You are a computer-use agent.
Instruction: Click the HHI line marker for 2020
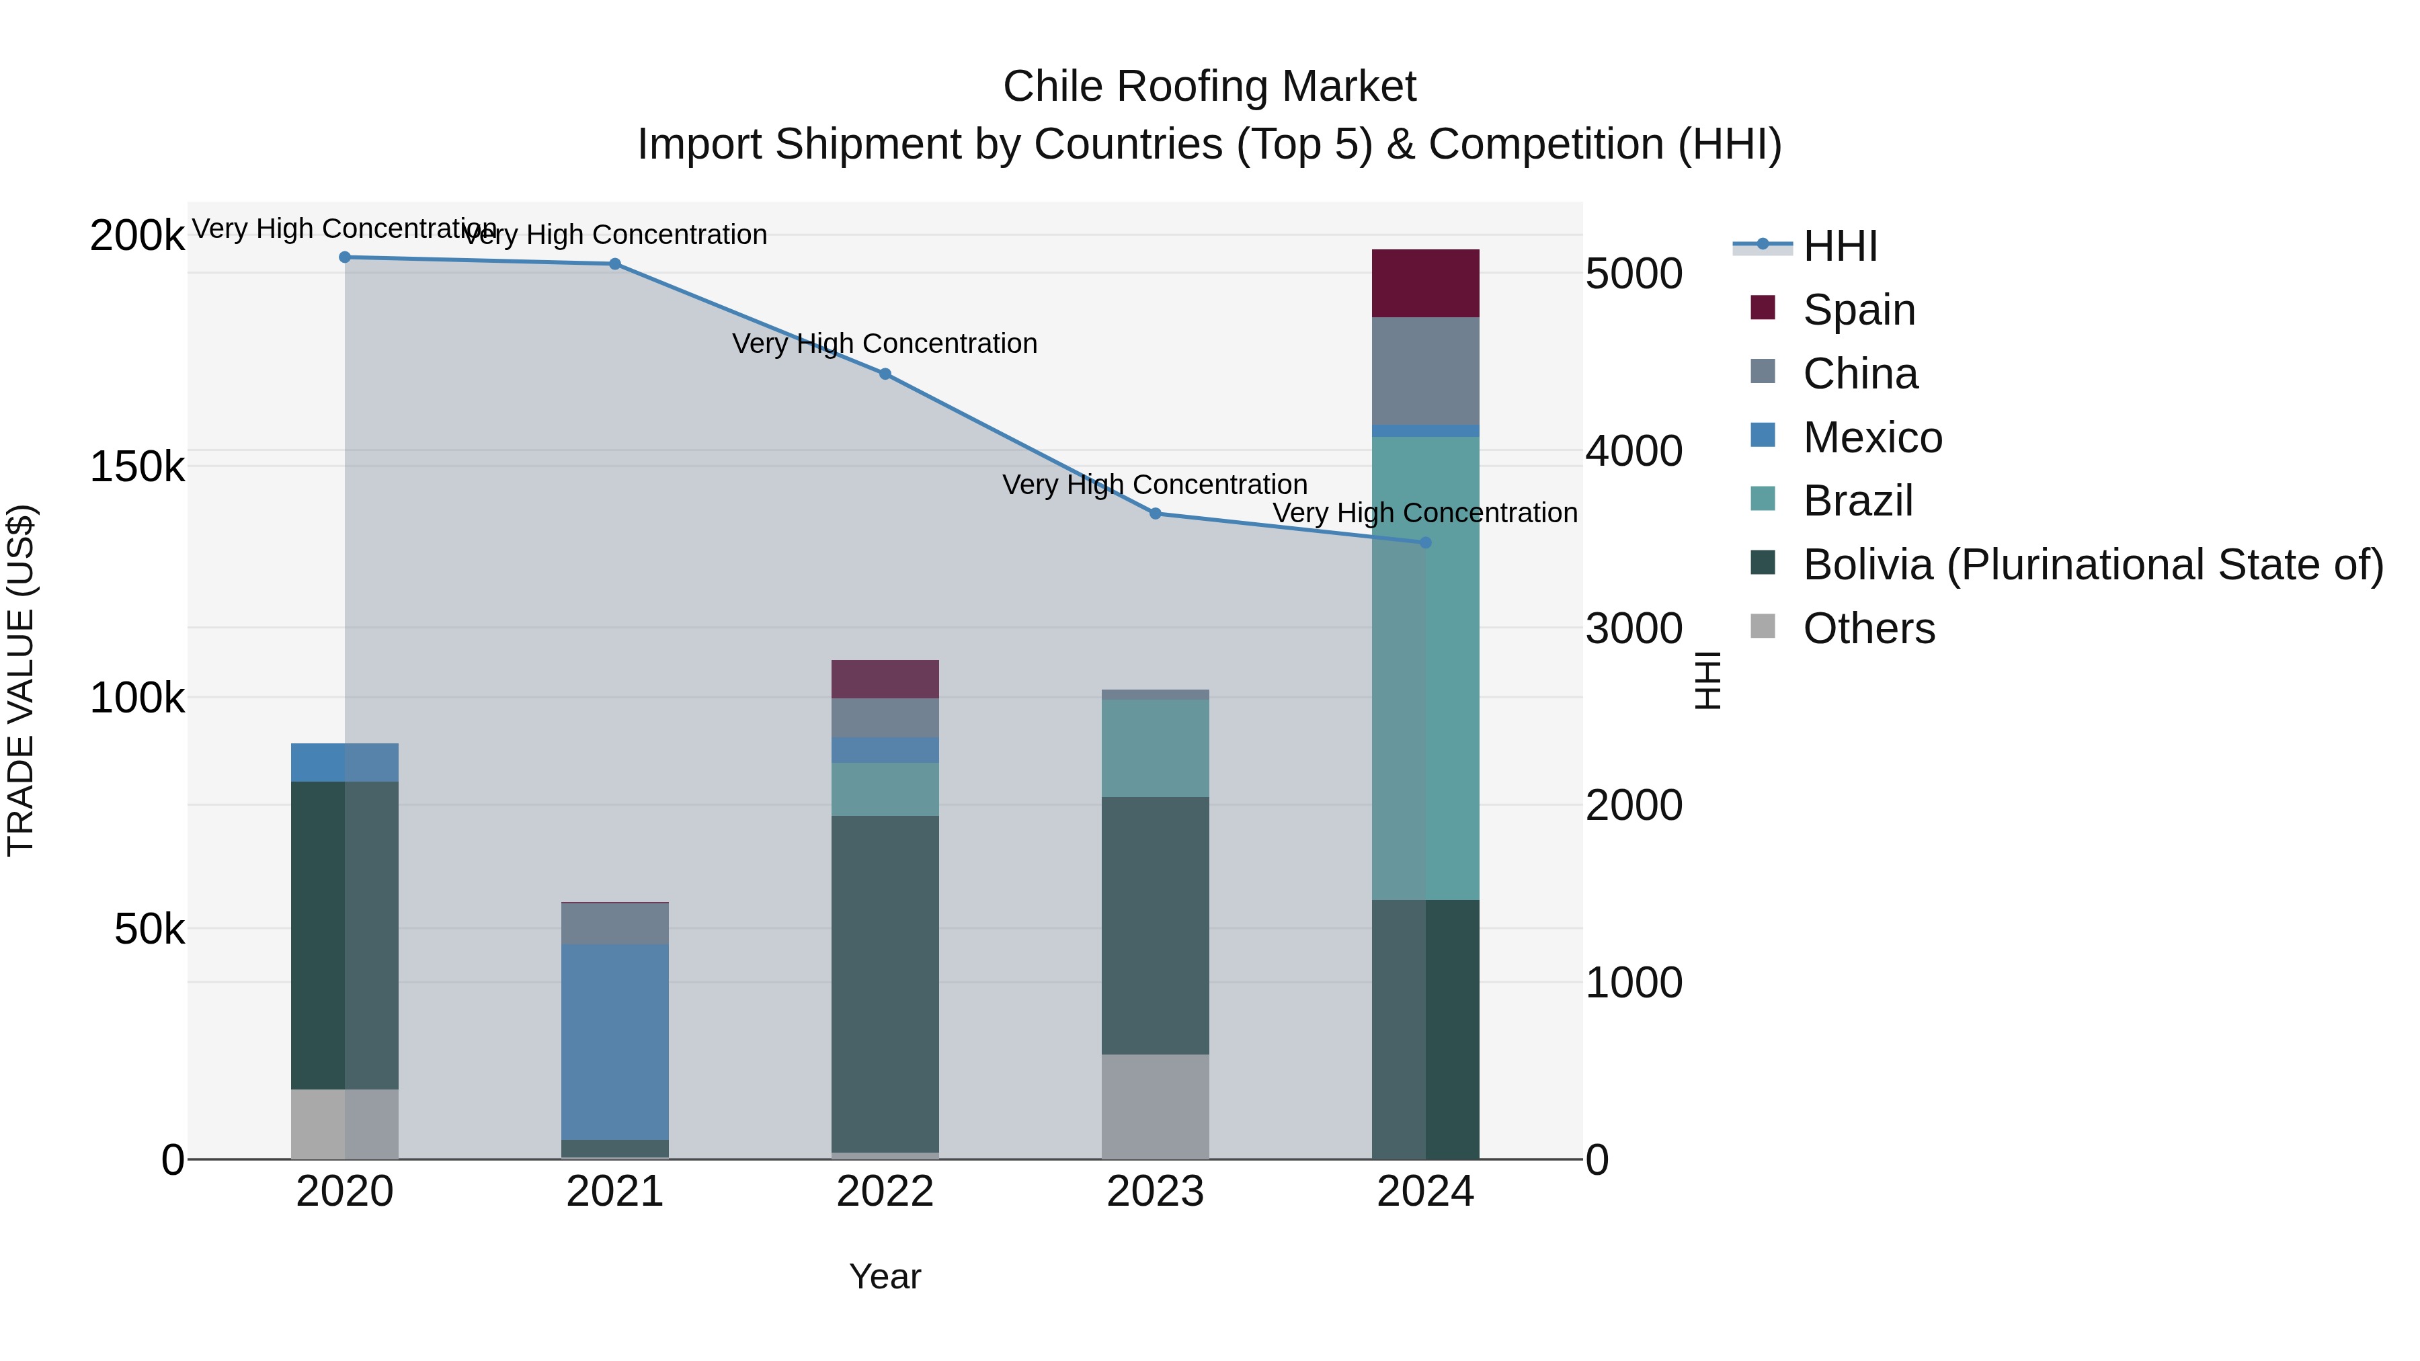(345, 257)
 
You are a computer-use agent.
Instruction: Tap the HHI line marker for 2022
(885, 374)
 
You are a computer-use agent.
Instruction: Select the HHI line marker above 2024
(1425, 543)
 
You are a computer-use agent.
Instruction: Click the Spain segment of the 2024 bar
(1425, 284)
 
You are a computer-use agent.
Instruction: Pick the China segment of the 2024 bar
(1425, 371)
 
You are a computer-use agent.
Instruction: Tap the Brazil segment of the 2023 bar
(1155, 749)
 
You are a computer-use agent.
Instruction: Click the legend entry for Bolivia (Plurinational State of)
(2091, 565)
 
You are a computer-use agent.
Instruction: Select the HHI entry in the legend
(1839, 246)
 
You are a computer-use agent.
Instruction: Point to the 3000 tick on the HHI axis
(1633, 628)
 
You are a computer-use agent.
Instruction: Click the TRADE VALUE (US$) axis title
(22, 680)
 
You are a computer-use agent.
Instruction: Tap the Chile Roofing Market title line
(1209, 87)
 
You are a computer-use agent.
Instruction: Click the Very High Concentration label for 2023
(1155, 485)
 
